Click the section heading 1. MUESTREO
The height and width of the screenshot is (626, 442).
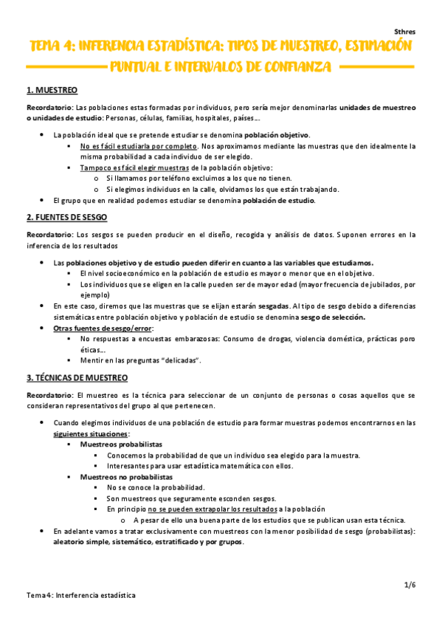coord(52,90)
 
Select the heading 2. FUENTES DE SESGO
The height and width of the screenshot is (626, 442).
coord(67,217)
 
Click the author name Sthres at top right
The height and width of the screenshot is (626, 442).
coord(404,32)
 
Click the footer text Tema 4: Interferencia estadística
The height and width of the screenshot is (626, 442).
coord(81,594)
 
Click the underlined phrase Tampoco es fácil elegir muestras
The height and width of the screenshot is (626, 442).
coord(135,168)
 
